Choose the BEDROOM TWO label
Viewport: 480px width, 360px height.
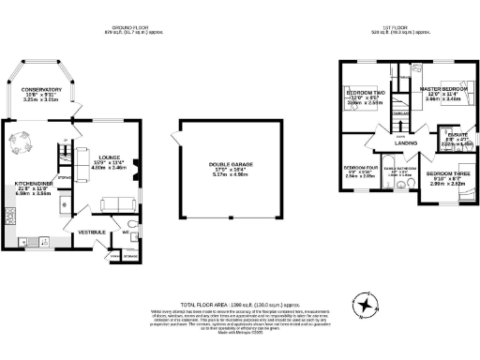coord(364,94)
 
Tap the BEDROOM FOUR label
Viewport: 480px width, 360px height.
coord(360,167)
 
